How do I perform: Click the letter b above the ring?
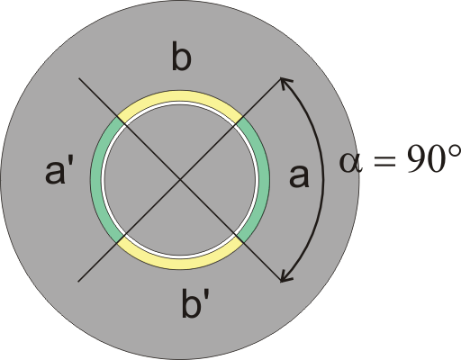pyautogui.click(x=182, y=57)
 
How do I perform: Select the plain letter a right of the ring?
pyautogui.click(x=299, y=176)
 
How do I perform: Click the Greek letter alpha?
pyautogui.click(x=350, y=162)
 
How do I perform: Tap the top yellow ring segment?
pyautogui.click(x=180, y=96)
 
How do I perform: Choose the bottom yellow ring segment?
pyautogui.click(x=180, y=263)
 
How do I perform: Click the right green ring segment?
pyautogui.click(x=263, y=180)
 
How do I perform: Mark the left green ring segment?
pyautogui.click(x=96, y=180)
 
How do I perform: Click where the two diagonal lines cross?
pyautogui.click(x=180, y=179)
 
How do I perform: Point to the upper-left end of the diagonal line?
pyautogui.click(x=78, y=78)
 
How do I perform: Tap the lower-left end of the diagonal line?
pyautogui.click(x=78, y=282)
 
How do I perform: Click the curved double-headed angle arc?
pyautogui.click(x=323, y=180)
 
